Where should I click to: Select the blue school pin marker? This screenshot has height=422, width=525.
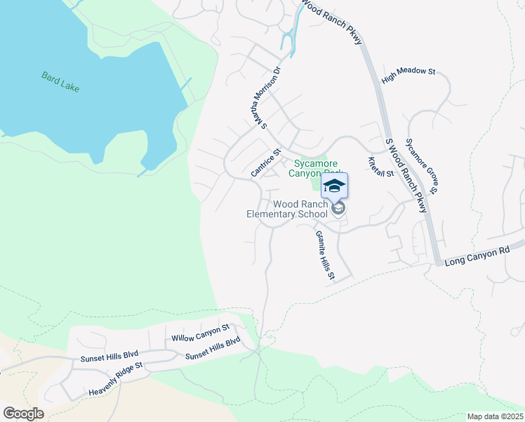point(335,186)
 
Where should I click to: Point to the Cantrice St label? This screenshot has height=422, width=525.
point(265,162)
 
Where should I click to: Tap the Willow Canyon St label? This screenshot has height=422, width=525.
point(201,333)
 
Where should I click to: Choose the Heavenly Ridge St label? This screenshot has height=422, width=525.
point(115,379)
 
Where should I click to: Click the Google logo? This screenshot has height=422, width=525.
point(23,414)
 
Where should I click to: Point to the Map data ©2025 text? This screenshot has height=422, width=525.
point(495,416)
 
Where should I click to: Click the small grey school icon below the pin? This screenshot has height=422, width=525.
point(338,208)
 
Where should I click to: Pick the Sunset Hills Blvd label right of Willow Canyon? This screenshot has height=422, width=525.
point(213,348)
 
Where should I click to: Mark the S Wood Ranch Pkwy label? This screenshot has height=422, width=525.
point(407,175)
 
